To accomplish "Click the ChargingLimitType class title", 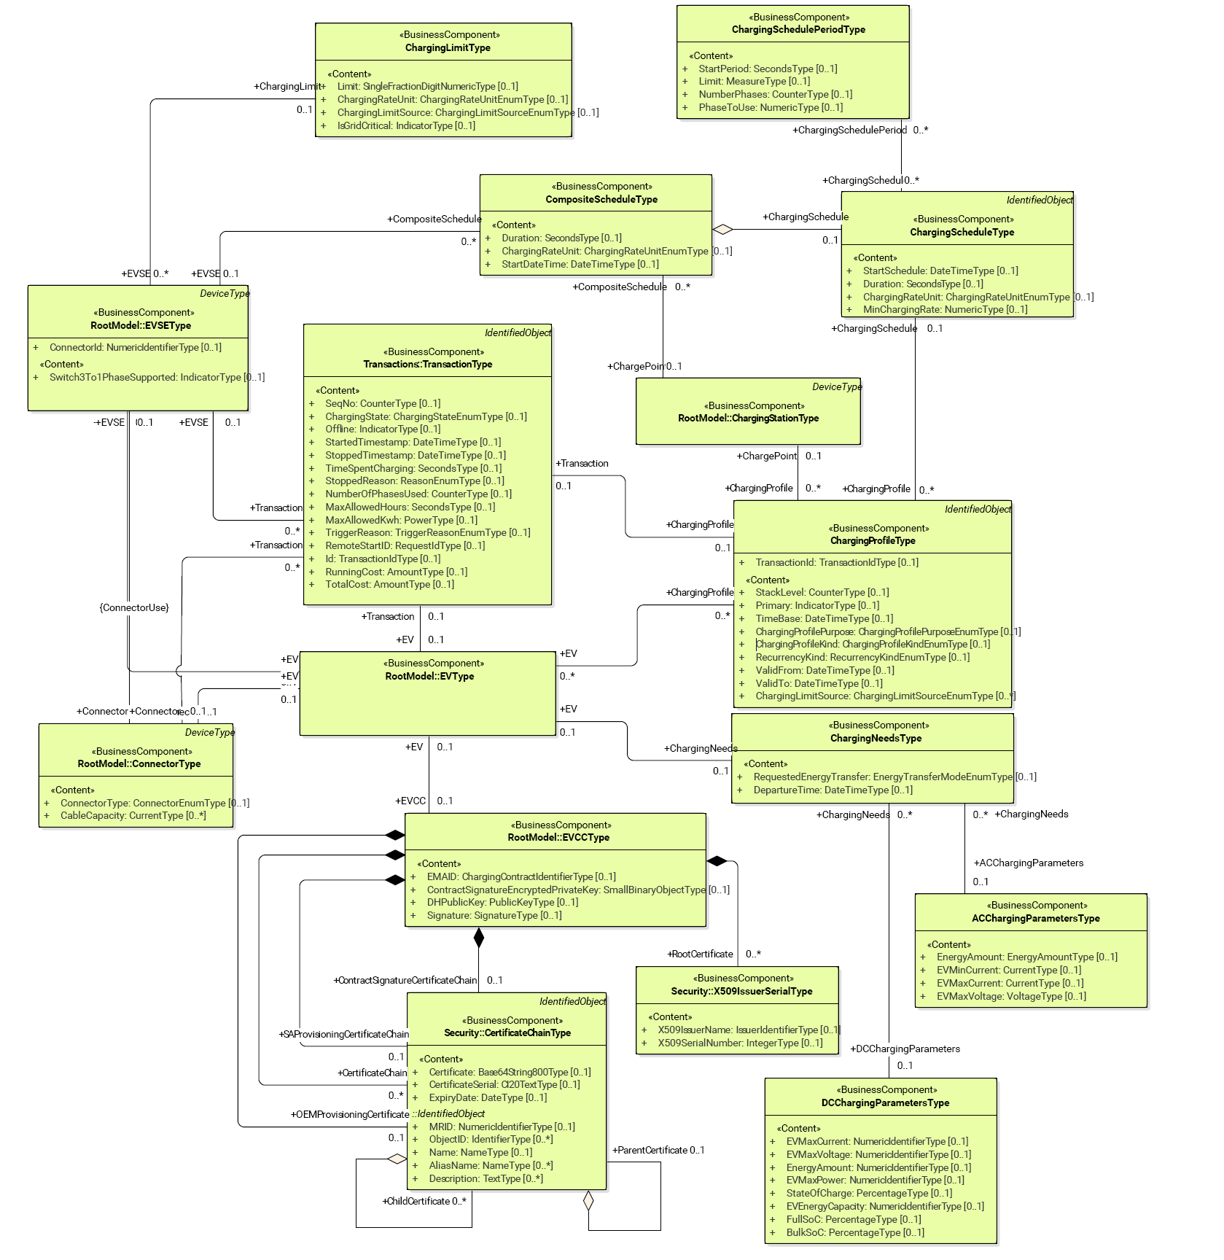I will [448, 48].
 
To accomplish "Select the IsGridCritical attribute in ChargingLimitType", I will [406, 126].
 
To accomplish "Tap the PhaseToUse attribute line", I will [771, 108].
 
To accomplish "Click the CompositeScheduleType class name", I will [601, 200].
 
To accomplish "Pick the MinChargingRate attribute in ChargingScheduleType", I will [945, 310].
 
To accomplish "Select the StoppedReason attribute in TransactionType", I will [414, 481].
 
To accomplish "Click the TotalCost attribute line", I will [389, 585].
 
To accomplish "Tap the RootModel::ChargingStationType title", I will [748, 419].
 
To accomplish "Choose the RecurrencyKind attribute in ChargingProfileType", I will [862, 658].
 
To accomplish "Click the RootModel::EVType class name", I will [429, 677].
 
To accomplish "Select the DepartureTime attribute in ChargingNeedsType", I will [833, 790].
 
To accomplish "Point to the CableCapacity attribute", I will [133, 816].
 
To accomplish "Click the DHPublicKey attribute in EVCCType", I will [502, 903].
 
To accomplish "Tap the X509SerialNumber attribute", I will [740, 1043].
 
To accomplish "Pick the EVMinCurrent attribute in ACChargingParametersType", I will [1008, 971].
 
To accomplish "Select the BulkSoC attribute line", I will [854, 1233].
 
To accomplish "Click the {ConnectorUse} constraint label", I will [134, 608].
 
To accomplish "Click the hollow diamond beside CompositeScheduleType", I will [722, 230].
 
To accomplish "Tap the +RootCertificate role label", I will [701, 954].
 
